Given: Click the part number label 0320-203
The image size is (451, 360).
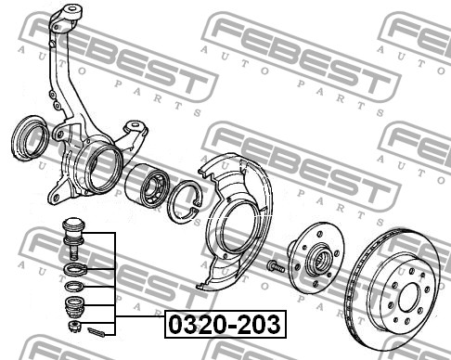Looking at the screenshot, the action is coord(225,324).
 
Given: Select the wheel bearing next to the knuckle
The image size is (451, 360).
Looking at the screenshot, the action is coord(148,185).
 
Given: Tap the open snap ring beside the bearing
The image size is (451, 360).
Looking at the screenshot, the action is coord(185,201).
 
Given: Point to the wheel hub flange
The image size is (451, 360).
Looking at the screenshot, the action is coord(316,258).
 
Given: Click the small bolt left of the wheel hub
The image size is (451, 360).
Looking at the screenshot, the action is coord(276,266).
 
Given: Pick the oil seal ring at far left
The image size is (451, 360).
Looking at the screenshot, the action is coord(30,138).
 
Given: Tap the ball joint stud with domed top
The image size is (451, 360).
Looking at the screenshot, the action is coord(73,238).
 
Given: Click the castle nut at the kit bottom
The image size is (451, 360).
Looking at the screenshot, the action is coord(74,326).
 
